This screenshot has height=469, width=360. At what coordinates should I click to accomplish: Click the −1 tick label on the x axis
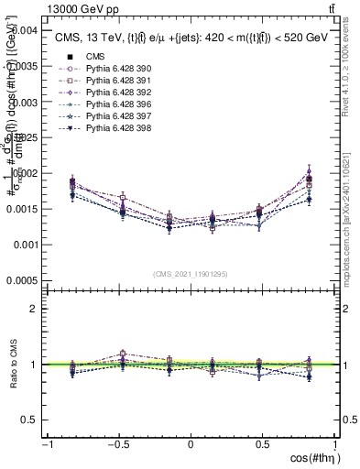[47, 443]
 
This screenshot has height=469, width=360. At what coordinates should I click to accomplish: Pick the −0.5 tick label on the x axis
[117, 443]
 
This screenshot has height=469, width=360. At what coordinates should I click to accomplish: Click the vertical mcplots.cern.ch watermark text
[346, 216]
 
